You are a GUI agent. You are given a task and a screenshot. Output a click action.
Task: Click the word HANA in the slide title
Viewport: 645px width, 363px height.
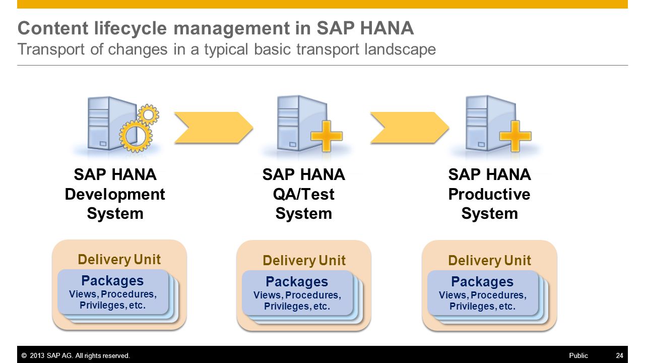386,28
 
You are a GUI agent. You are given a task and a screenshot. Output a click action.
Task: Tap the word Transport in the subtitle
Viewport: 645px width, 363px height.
51,49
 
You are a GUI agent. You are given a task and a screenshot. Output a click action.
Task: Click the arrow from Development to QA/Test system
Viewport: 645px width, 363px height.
213,128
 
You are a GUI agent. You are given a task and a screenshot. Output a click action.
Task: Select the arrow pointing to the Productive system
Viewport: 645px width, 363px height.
410,128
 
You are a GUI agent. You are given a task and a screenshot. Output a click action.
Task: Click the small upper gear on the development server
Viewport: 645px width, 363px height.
148,114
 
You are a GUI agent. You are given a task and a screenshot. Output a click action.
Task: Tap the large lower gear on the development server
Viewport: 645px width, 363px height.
136,136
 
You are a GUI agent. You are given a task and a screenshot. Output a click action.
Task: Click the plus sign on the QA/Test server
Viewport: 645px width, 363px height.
327,136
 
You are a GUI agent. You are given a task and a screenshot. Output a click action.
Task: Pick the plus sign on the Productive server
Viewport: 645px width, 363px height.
515,136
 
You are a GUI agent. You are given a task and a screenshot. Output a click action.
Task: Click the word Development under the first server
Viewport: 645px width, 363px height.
115,195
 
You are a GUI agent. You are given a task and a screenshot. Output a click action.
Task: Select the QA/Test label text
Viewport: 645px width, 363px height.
303,194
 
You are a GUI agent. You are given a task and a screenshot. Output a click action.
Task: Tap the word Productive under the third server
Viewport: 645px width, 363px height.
489,194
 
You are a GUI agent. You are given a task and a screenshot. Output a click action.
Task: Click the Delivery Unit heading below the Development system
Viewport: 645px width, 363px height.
119,260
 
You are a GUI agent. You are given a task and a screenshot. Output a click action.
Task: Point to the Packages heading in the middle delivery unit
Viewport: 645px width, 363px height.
297,282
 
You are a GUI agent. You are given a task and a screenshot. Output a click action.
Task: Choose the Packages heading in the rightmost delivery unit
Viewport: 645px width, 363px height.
482,282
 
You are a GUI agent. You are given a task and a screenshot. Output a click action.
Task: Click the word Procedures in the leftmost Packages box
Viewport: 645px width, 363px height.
128,294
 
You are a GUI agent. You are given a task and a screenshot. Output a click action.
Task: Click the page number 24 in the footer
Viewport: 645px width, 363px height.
619,355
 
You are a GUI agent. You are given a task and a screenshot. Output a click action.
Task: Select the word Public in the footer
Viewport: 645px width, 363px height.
578,355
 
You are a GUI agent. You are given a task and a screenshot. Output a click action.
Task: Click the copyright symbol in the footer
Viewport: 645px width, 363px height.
24,356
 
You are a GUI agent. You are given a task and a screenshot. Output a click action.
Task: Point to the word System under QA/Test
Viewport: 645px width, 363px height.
303,214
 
